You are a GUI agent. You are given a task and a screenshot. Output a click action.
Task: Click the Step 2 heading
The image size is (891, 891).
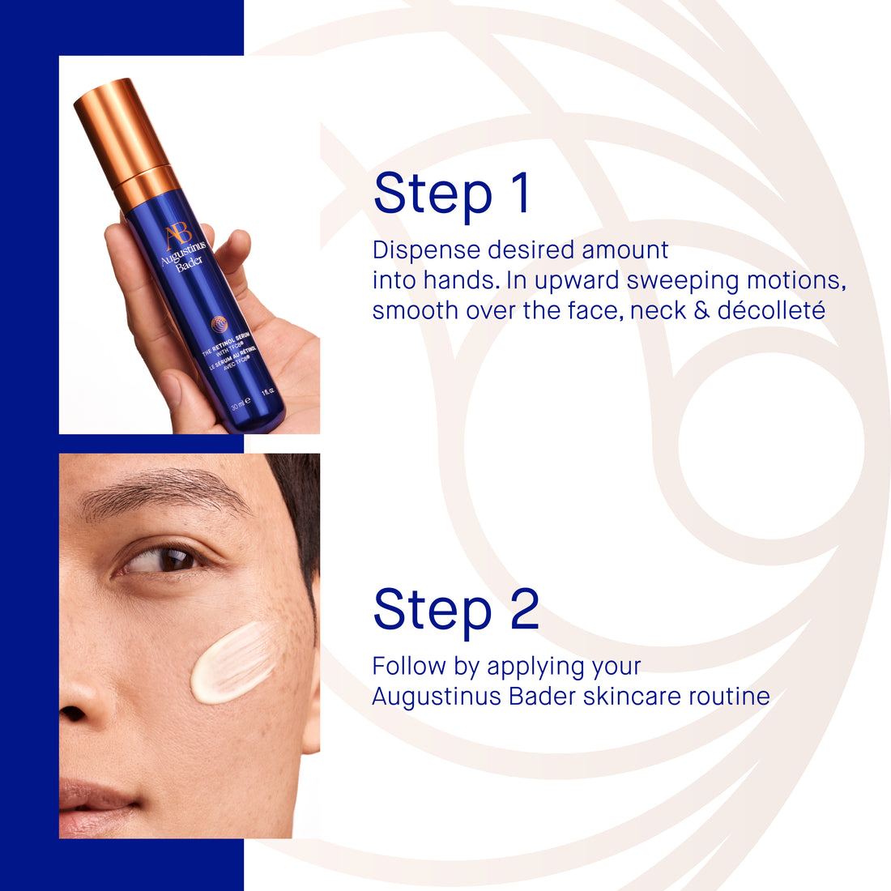(456, 610)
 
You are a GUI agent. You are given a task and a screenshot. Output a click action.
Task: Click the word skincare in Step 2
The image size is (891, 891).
(633, 696)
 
